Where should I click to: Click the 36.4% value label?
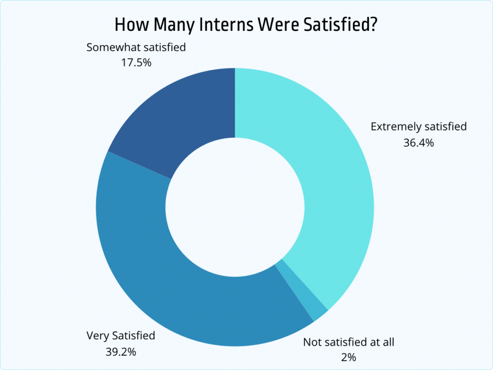[418, 143]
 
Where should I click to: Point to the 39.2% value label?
[120, 351]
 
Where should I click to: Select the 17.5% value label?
[136, 63]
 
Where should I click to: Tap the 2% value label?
[349, 357]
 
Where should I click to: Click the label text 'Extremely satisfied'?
[418, 127]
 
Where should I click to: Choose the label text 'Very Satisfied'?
[120, 335]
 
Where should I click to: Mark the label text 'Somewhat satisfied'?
[136, 47]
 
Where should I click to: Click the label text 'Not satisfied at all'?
[349, 342]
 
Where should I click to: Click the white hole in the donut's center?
[235, 207]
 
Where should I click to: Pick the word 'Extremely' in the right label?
[395, 127]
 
